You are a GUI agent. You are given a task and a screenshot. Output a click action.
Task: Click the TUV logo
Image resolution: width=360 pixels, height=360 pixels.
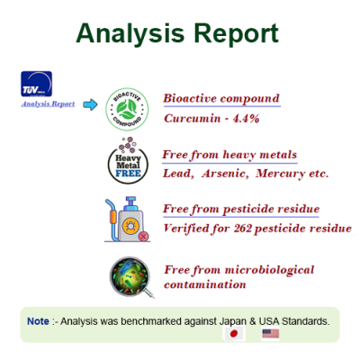(36, 84)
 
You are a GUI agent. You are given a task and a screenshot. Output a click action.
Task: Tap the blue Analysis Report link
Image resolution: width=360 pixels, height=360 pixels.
(48, 103)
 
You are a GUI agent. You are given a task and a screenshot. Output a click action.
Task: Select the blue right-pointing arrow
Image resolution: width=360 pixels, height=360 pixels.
(90, 104)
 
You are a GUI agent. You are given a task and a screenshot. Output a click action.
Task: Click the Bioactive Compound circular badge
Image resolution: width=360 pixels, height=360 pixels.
(127, 109)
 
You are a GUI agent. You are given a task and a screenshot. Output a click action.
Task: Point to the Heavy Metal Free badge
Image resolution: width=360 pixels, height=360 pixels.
(128, 161)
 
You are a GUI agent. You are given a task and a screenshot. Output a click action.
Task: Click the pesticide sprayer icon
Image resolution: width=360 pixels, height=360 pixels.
(127, 220)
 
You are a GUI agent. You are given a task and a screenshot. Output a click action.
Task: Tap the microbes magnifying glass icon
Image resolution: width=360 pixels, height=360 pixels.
(131, 277)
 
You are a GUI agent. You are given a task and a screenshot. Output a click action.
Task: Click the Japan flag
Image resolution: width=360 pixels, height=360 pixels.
(234, 333)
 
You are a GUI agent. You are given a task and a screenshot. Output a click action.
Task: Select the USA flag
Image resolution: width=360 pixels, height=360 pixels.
(271, 334)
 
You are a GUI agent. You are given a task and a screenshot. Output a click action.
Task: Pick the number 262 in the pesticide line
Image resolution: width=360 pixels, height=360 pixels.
(243, 229)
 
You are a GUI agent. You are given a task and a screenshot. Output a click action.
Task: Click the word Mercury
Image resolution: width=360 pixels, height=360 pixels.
(280, 174)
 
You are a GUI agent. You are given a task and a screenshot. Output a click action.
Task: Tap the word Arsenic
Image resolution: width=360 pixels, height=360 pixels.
(225, 174)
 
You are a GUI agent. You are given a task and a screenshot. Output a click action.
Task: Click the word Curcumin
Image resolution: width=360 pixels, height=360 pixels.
(192, 119)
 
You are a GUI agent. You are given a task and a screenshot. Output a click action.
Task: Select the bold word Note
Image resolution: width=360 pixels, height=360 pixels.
(38, 321)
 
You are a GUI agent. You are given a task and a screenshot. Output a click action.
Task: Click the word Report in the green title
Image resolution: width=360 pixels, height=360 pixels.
(237, 33)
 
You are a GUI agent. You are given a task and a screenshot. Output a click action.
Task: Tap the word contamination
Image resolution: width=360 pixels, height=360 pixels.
(205, 284)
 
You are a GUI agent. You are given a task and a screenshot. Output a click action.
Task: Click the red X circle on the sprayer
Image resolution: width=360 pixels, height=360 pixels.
(144, 237)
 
